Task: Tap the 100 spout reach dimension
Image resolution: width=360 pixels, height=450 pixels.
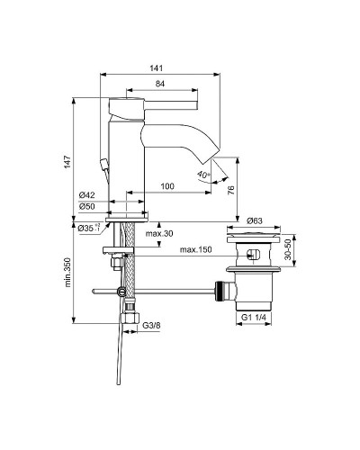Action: click(x=166, y=185)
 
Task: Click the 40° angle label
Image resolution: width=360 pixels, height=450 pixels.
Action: click(x=205, y=175)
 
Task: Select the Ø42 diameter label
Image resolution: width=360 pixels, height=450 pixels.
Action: click(x=87, y=195)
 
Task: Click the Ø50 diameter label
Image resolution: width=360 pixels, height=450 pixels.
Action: click(x=87, y=207)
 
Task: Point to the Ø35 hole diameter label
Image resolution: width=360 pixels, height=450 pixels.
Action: click(x=88, y=229)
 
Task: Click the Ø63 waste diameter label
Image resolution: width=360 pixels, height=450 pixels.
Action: click(x=254, y=220)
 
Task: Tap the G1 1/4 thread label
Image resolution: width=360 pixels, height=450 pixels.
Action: click(x=254, y=318)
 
